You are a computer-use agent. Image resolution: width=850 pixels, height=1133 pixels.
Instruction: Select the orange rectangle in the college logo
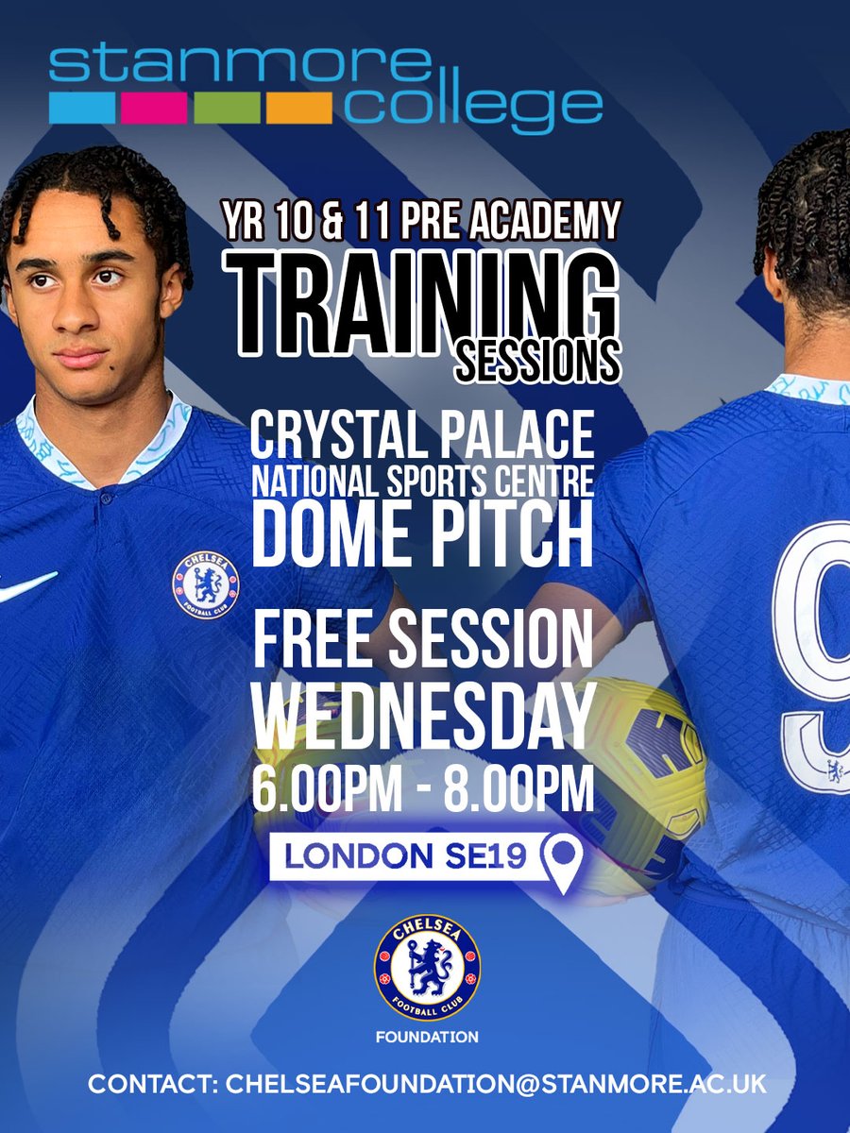pos(298,108)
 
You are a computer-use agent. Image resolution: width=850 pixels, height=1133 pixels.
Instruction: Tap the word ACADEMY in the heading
pos(548,223)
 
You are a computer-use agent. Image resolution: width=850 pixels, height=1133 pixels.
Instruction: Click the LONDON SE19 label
pos(407,855)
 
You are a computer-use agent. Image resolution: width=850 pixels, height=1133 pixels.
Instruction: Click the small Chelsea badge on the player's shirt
pos(205,585)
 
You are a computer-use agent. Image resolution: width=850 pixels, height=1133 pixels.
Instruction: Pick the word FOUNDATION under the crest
pos(427,1037)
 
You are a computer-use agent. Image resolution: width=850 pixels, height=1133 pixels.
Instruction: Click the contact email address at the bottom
pos(497,1083)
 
